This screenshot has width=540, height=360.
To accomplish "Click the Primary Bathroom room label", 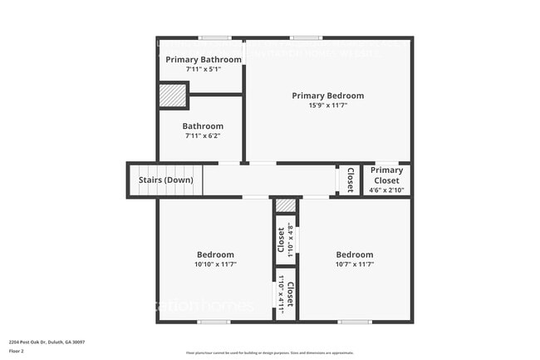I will [x=204, y=59].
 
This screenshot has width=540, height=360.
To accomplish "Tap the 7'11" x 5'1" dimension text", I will [x=204, y=69].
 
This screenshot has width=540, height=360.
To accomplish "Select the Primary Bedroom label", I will [x=327, y=96].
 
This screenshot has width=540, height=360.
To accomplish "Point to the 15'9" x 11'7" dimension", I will [x=327, y=106].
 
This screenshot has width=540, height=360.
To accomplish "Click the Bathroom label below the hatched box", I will [x=203, y=126].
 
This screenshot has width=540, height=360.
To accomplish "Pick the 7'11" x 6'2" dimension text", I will [x=203, y=136].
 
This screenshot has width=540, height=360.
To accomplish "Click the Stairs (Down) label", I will [x=164, y=180].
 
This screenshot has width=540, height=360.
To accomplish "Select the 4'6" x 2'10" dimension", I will [x=386, y=190].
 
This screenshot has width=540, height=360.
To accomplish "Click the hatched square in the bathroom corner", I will [x=173, y=96].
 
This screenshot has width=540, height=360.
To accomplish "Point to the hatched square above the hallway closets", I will [x=285, y=205].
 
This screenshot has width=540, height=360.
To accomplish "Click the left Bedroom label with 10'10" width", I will [x=215, y=254].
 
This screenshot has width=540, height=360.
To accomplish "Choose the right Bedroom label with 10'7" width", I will [x=355, y=254].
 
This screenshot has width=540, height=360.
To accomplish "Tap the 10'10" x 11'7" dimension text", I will [x=215, y=264].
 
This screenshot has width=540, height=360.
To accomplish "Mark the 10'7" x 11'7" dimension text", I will [x=355, y=264].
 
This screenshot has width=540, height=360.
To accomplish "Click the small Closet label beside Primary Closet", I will [x=350, y=180].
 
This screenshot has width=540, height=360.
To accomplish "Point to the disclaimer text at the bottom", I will [x=270, y=353].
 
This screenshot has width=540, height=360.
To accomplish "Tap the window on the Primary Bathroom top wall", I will [x=215, y=37].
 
